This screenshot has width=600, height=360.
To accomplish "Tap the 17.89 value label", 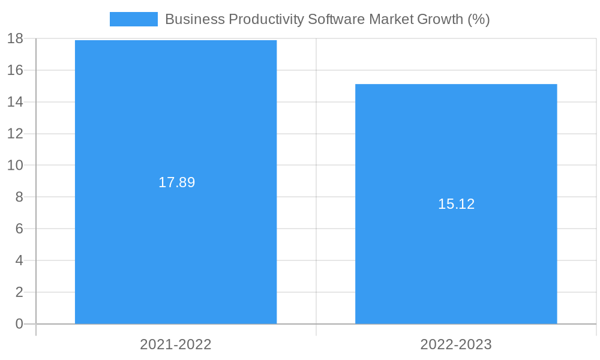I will (176, 182).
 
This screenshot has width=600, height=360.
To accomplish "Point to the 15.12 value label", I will (456, 204).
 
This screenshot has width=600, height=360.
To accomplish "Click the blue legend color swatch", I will (133, 19).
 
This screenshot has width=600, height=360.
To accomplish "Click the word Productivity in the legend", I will (265, 19).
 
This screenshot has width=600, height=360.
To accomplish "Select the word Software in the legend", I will (337, 19).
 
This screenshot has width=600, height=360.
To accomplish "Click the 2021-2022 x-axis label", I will (176, 344).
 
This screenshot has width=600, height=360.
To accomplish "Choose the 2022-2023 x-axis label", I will (456, 344).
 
